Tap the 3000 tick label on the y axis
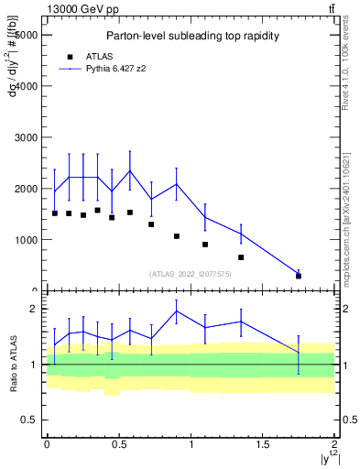pos(25,137)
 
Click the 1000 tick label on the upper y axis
pos(25,240)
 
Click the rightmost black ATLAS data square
pos(299,276)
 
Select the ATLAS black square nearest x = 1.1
pos(205,245)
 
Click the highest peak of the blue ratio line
pos(177,311)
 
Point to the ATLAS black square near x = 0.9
pos(177,236)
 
